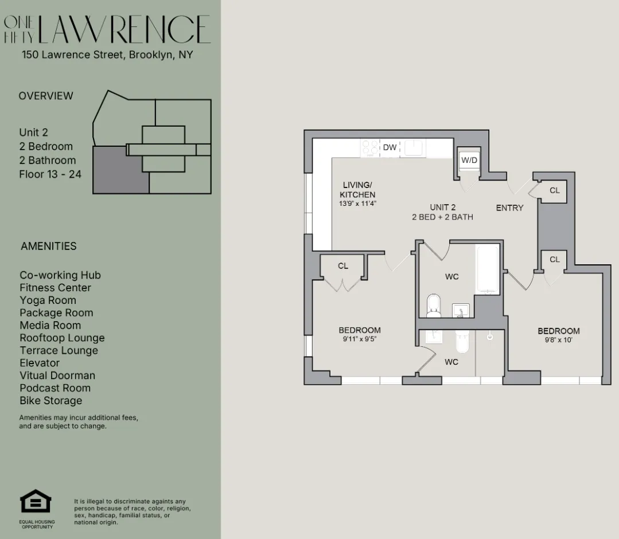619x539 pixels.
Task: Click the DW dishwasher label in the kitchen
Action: pyautogui.click(x=390, y=148)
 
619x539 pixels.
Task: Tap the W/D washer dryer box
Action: pyautogui.click(x=469, y=161)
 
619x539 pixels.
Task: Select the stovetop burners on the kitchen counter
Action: pyautogui.click(x=371, y=148)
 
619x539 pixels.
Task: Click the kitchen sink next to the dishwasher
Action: pyautogui.click(x=413, y=147)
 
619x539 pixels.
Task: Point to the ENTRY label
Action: pyautogui.click(x=509, y=208)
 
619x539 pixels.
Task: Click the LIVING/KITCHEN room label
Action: pyautogui.click(x=357, y=190)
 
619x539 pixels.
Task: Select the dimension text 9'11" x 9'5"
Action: pyautogui.click(x=359, y=339)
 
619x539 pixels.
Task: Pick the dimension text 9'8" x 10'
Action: pyautogui.click(x=558, y=340)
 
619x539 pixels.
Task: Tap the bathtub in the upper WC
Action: pyautogui.click(x=488, y=269)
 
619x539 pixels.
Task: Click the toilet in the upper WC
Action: pyautogui.click(x=434, y=305)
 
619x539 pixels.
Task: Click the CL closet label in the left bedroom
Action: pyautogui.click(x=342, y=266)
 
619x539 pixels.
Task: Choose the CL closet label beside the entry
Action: pyautogui.click(x=554, y=190)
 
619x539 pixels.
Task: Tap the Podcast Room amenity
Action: pyautogui.click(x=55, y=388)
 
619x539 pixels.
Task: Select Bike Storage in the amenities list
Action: pyautogui.click(x=50, y=401)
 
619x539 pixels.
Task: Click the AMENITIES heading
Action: pyautogui.click(x=48, y=247)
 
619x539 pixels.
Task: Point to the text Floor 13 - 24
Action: pyautogui.click(x=50, y=174)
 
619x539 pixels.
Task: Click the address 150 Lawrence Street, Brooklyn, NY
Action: pyautogui.click(x=107, y=55)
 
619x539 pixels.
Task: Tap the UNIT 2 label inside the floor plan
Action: pyautogui.click(x=442, y=208)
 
